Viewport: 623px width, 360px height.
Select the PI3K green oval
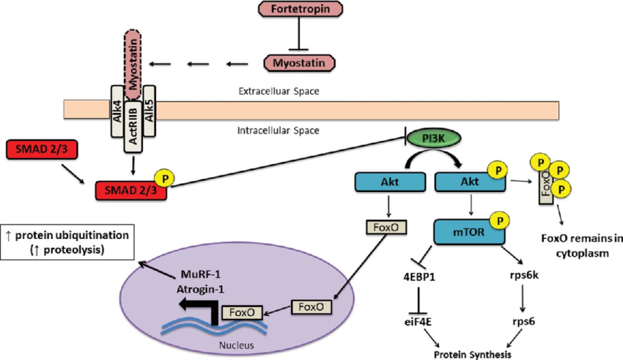point(432,138)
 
